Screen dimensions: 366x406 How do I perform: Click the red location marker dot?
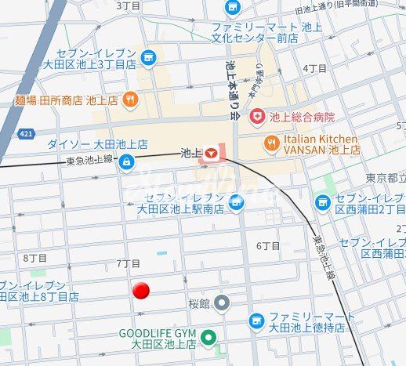(x=141, y=291)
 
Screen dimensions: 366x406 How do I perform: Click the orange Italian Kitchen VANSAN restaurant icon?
(x=271, y=143)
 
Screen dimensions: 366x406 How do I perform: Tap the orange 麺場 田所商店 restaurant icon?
(x=131, y=100)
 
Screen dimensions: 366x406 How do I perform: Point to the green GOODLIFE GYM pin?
(x=208, y=339)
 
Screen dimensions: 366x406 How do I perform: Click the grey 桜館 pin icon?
(x=223, y=302)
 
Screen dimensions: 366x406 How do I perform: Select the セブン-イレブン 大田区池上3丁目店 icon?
(x=148, y=58)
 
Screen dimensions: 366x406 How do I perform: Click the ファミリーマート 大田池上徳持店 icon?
(x=256, y=320)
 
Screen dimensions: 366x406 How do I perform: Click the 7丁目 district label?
(x=128, y=263)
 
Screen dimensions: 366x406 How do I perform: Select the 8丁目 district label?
(x=35, y=258)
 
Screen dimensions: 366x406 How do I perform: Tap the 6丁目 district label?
(x=268, y=246)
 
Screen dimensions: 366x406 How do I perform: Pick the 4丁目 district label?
(x=314, y=69)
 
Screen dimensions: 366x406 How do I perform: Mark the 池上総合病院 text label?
(x=302, y=117)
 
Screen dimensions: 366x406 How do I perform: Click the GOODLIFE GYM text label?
(x=157, y=333)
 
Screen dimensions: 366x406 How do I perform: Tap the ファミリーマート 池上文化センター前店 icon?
(x=233, y=9)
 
